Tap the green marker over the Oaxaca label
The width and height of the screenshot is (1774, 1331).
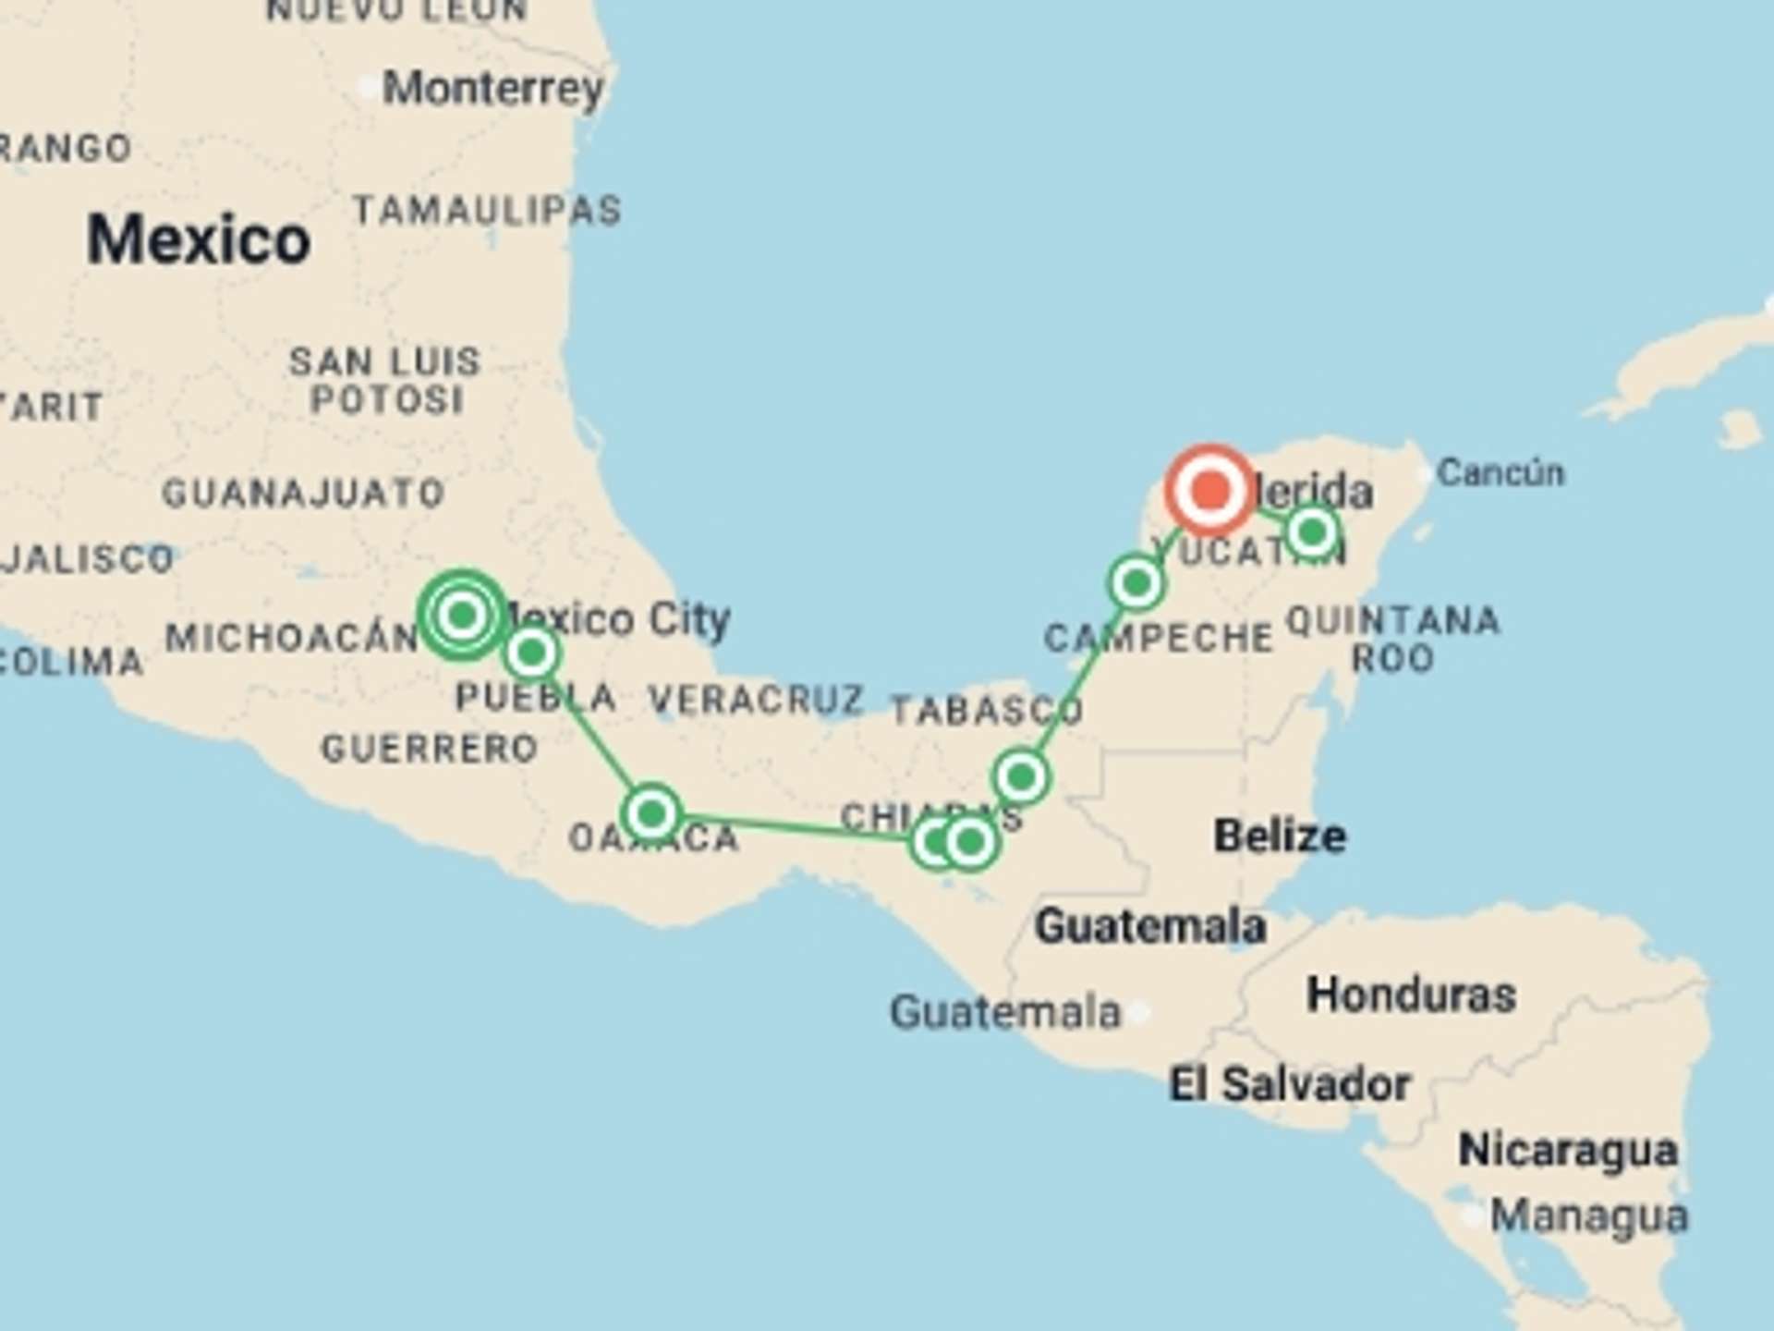(652, 813)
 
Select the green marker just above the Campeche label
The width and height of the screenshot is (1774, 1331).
(1136, 583)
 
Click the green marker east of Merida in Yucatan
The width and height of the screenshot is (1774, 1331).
(1312, 531)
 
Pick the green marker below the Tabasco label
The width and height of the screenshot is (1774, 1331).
(1021, 777)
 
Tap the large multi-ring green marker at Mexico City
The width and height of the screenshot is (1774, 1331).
(462, 615)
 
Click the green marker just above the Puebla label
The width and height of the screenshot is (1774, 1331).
(531, 653)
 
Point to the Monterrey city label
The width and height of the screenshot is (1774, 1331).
(493, 89)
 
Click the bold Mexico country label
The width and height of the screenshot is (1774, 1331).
(199, 239)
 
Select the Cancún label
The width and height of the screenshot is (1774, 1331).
(1501, 472)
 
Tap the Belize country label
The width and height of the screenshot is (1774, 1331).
(1280, 836)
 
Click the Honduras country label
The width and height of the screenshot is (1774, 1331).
(1411, 995)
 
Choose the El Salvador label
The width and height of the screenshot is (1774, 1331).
(1290, 1084)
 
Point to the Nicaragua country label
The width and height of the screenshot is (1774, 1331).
(1568, 1151)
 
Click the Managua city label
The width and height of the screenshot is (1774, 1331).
(1589, 1216)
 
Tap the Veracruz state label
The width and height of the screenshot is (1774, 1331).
(756, 700)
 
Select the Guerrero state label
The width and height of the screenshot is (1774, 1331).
(430, 748)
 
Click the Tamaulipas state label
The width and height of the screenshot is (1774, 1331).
(487, 211)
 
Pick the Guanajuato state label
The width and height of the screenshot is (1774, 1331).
(303, 493)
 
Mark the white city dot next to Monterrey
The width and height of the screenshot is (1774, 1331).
(368, 89)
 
